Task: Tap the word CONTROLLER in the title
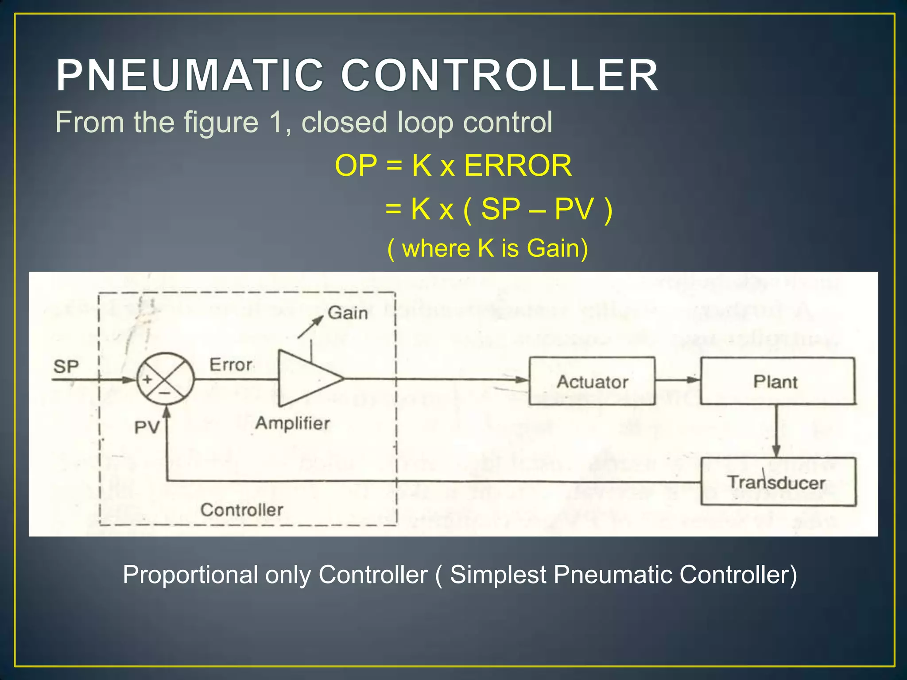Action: [500, 76]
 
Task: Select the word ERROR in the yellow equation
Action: [518, 166]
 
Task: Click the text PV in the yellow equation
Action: [574, 209]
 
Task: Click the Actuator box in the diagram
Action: [592, 381]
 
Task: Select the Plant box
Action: [777, 381]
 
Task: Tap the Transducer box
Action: [778, 482]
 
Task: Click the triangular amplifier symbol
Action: [306, 379]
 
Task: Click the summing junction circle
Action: [165, 379]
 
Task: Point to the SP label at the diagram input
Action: [66, 367]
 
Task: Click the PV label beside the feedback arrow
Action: [147, 428]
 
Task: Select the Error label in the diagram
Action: [231, 365]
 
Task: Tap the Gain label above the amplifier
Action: [348, 313]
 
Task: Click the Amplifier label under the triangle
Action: [292, 423]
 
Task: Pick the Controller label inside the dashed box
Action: [242, 510]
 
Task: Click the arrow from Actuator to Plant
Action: [678, 380]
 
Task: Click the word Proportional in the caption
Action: [190, 575]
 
